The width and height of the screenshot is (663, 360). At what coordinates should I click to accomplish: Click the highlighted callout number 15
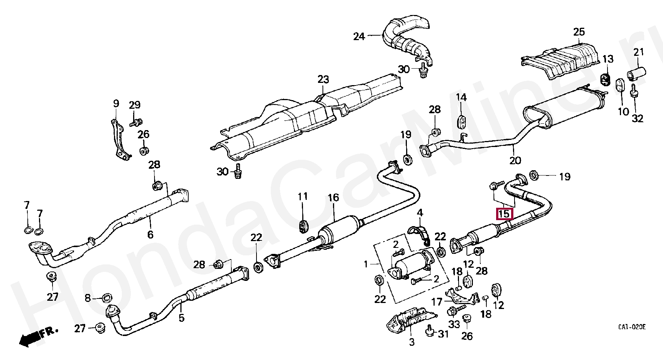point(504,214)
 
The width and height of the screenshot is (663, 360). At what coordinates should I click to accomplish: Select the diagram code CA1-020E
point(632,327)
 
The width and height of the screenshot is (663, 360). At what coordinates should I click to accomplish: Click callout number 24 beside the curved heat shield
point(359,36)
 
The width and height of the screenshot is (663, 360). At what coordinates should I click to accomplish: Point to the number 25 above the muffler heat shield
point(579,32)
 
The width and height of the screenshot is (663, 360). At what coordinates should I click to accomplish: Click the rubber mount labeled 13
point(605,79)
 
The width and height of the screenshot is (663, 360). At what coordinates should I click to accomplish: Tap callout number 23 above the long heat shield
point(323,79)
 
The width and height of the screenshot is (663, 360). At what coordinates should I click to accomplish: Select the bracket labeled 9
point(119,140)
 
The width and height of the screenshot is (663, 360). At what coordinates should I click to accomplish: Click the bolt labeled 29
point(136,122)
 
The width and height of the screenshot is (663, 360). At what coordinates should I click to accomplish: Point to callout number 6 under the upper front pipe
point(150,235)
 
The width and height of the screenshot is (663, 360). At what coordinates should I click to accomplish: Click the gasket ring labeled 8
point(107,298)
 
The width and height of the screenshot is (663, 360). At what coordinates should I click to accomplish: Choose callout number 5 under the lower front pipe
point(181,318)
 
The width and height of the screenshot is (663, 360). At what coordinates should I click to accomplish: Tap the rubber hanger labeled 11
point(303,226)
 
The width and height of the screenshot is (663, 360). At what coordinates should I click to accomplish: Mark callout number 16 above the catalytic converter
point(333,198)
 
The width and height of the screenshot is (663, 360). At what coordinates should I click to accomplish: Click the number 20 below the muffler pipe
point(515,160)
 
